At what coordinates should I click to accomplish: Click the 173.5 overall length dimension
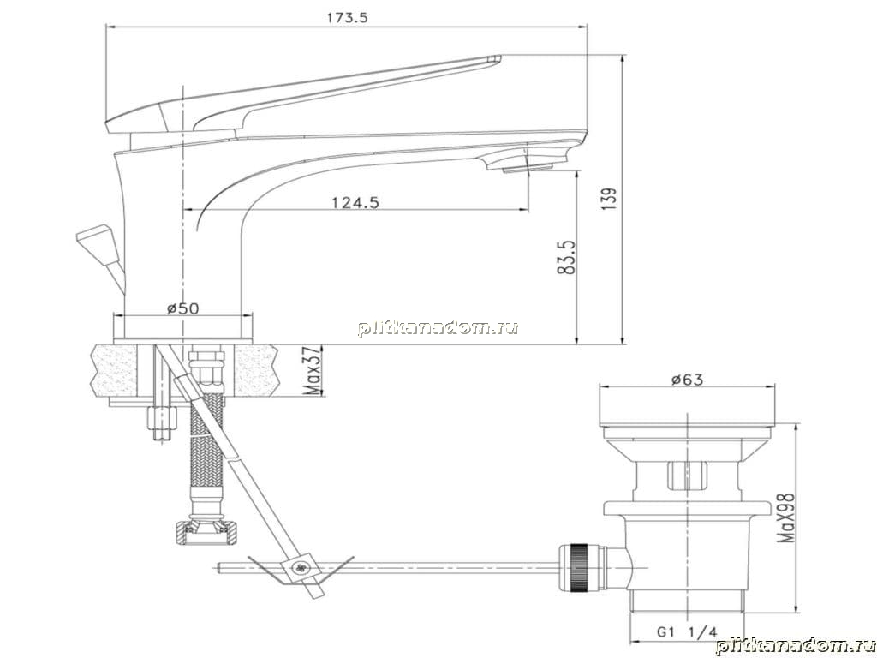(x=348, y=18)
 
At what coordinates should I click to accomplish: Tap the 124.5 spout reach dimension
(x=355, y=202)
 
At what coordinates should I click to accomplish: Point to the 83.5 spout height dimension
(x=567, y=257)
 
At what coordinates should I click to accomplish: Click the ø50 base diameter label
(x=183, y=308)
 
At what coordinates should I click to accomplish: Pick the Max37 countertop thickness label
(x=315, y=371)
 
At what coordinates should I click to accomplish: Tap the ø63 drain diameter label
(x=688, y=380)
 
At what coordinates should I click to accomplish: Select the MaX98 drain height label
(x=786, y=518)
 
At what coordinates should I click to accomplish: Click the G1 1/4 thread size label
(x=686, y=633)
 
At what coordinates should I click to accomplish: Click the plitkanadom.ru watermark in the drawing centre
(x=438, y=328)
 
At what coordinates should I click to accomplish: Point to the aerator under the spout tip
(x=527, y=167)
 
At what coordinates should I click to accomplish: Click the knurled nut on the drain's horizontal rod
(x=579, y=567)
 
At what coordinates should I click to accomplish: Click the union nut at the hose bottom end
(x=206, y=532)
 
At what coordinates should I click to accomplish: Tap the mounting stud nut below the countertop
(x=161, y=417)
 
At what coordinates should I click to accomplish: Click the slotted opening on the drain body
(x=688, y=476)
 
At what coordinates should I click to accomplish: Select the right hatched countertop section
(x=255, y=370)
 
